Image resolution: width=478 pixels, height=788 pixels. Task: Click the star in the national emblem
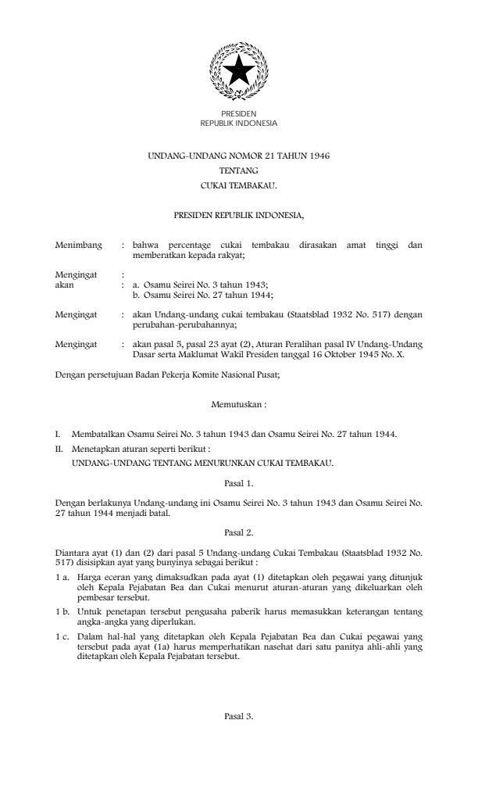pos(238,72)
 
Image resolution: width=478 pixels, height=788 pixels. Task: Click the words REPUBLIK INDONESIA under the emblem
pos(239,123)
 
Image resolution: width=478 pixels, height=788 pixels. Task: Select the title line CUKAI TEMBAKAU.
pos(239,187)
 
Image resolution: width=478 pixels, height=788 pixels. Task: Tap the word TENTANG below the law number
pos(239,171)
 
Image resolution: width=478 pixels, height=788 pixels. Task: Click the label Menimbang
pos(79,245)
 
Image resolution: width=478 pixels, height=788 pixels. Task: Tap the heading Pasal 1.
pos(239,483)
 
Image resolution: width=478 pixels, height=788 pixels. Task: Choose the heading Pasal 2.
pos(239,532)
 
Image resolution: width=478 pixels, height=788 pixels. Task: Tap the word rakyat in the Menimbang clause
pos(231,255)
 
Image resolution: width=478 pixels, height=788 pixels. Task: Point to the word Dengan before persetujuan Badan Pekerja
pos(71,374)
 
